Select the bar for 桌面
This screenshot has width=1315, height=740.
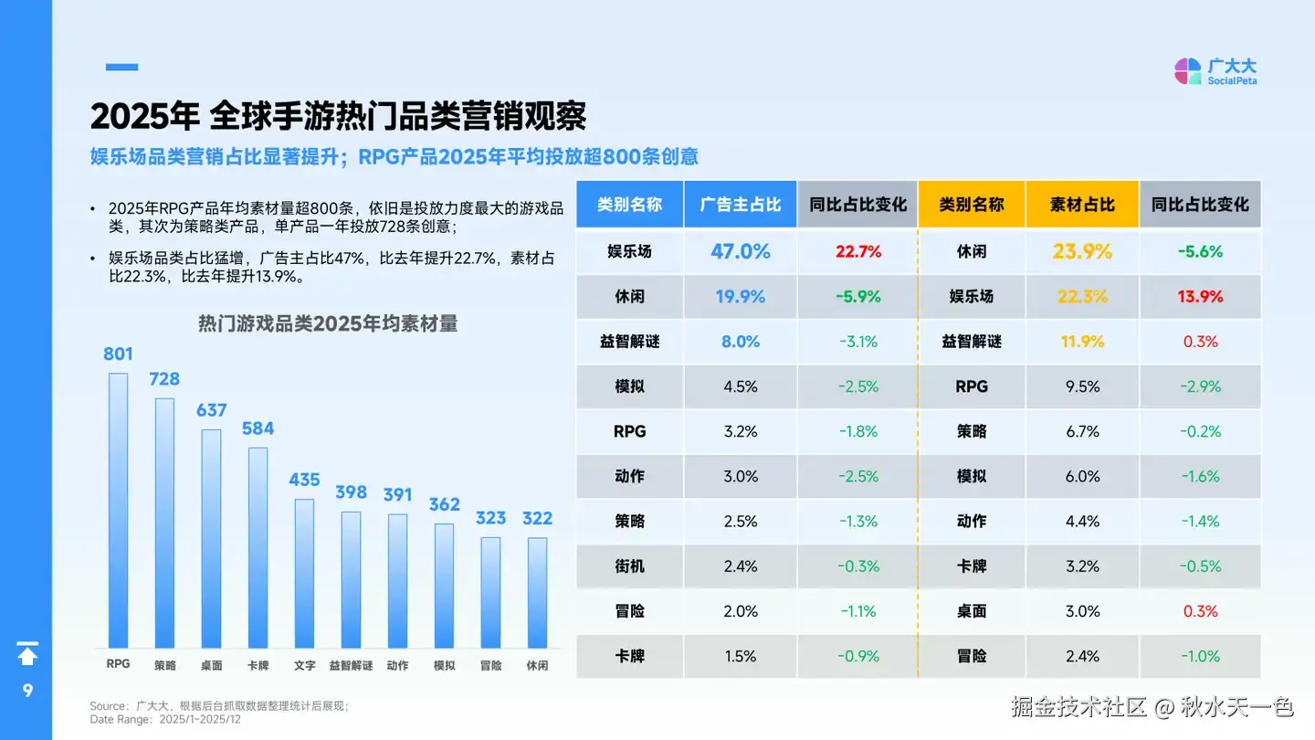211,538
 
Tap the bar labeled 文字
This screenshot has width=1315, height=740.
304,573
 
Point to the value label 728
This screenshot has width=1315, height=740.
164,378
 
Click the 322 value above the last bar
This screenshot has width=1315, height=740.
537,518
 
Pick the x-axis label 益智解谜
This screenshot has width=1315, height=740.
351,665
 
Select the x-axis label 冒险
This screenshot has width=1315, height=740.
490,665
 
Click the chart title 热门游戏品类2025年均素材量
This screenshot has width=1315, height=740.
328,323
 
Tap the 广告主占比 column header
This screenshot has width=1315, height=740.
741,205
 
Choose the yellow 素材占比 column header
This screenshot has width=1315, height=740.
1082,205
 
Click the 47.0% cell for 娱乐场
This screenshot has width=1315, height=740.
741,251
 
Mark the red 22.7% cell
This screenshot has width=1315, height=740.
857,251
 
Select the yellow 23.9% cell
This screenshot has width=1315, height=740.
1082,251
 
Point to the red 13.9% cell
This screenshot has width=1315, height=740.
1200,296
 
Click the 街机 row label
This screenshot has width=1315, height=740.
629,566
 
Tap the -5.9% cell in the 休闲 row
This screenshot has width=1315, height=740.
857,296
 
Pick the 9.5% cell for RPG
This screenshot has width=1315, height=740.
1082,386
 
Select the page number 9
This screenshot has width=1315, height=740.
27,691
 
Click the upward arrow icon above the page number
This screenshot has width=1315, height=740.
27,654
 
